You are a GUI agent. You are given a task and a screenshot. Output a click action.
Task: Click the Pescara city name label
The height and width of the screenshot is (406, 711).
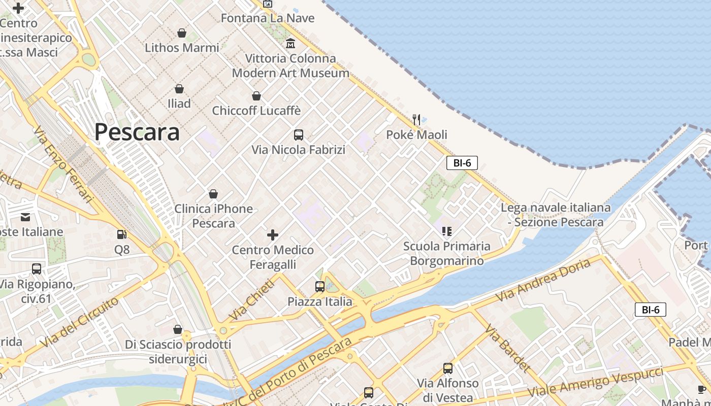pos(137,132)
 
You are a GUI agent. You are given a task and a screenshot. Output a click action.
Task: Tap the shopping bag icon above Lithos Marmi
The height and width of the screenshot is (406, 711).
pos(182,33)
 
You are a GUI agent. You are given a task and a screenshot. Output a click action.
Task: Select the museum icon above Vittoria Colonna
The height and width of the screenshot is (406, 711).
pos(290,44)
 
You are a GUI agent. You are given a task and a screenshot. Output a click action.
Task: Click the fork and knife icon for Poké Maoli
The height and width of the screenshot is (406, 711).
pos(416,120)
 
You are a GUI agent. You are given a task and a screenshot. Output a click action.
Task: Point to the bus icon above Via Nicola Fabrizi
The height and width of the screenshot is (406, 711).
pos(299,135)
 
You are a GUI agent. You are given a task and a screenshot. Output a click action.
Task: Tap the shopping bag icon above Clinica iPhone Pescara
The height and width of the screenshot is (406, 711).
pos(213,194)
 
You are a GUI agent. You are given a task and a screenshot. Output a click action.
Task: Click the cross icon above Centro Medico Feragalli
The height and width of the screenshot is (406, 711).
pos(273,235)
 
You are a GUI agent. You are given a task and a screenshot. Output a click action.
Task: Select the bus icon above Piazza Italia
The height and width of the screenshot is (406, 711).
pos(320,287)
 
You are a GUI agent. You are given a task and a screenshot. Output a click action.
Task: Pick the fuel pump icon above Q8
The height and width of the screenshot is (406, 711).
pos(122,234)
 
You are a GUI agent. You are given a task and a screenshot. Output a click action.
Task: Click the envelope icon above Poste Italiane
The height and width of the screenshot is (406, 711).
pos(25,217)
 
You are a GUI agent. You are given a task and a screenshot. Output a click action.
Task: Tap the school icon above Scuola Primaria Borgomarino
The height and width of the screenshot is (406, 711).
pos(447,231)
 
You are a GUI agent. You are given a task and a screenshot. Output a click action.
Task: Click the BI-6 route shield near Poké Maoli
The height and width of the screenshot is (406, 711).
pos(462,163)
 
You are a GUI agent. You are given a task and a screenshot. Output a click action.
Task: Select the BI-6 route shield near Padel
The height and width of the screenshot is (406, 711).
pos(651,310)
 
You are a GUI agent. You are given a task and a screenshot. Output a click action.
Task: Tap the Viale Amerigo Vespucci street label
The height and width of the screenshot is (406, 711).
pos(595,383)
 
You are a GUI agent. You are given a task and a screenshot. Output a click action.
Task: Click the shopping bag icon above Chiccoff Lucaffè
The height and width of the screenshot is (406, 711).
pos(256,96)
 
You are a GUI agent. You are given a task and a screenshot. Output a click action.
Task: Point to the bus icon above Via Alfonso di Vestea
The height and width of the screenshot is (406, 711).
pos(448,368)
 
